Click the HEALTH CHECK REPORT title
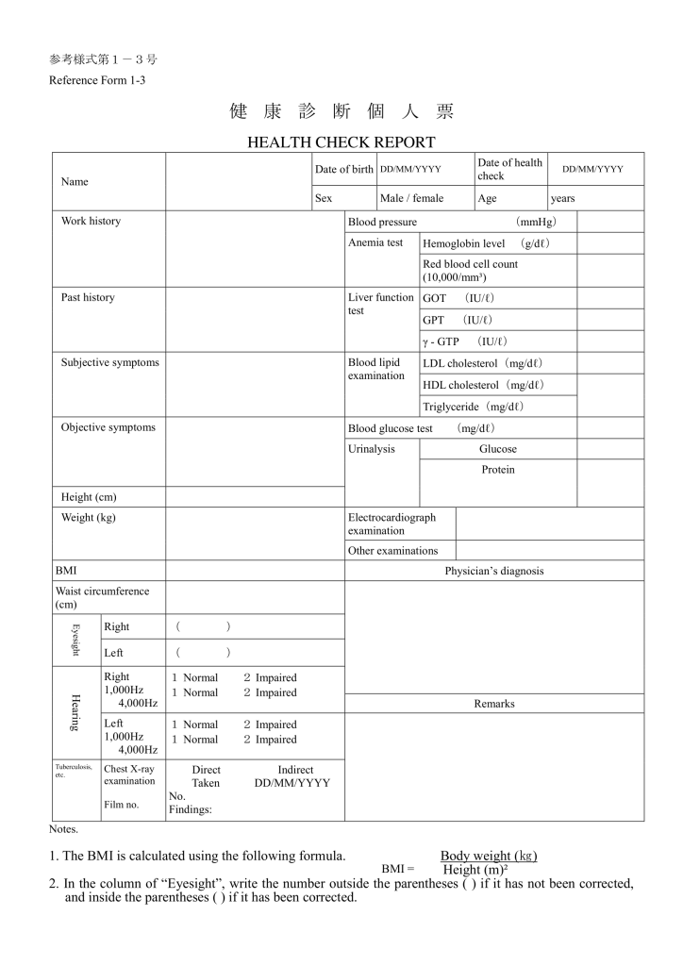341,142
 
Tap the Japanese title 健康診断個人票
341,111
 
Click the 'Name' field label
75,181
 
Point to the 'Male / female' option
411,199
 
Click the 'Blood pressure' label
382,222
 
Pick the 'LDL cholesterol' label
483,363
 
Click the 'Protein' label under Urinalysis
498,470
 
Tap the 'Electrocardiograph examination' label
391,524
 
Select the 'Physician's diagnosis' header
494,571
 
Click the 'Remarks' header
494,704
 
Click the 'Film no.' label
122,805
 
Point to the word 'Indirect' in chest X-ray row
295,770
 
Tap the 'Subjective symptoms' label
110,362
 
